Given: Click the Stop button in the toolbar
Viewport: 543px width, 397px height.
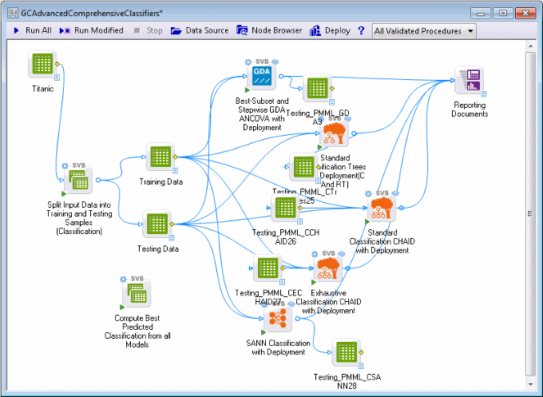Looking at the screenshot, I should pyautogui.click(x=148, y=30).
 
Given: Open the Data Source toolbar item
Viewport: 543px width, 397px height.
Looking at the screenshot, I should pyautogui.click(x=200, y=30).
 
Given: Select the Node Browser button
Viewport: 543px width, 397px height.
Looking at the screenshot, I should pyautogui.click(x=270, y=30).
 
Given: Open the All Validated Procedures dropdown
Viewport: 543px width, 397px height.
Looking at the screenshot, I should pyautogui.click(x=423, y=30).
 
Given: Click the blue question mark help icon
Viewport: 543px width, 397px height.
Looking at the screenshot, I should pyautogui.click(x=361, y=30).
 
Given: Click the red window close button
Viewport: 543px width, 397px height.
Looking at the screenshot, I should pyautogui.click(x=523, y=13).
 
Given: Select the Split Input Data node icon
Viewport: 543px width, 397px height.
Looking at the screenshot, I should pyautogui.click(x=78, y=182).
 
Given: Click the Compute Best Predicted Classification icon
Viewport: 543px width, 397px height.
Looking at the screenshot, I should pyautogui.click(x=137, y=297).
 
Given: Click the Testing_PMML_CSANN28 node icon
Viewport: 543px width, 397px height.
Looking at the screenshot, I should pyautogui.click(x=345, y=354).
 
